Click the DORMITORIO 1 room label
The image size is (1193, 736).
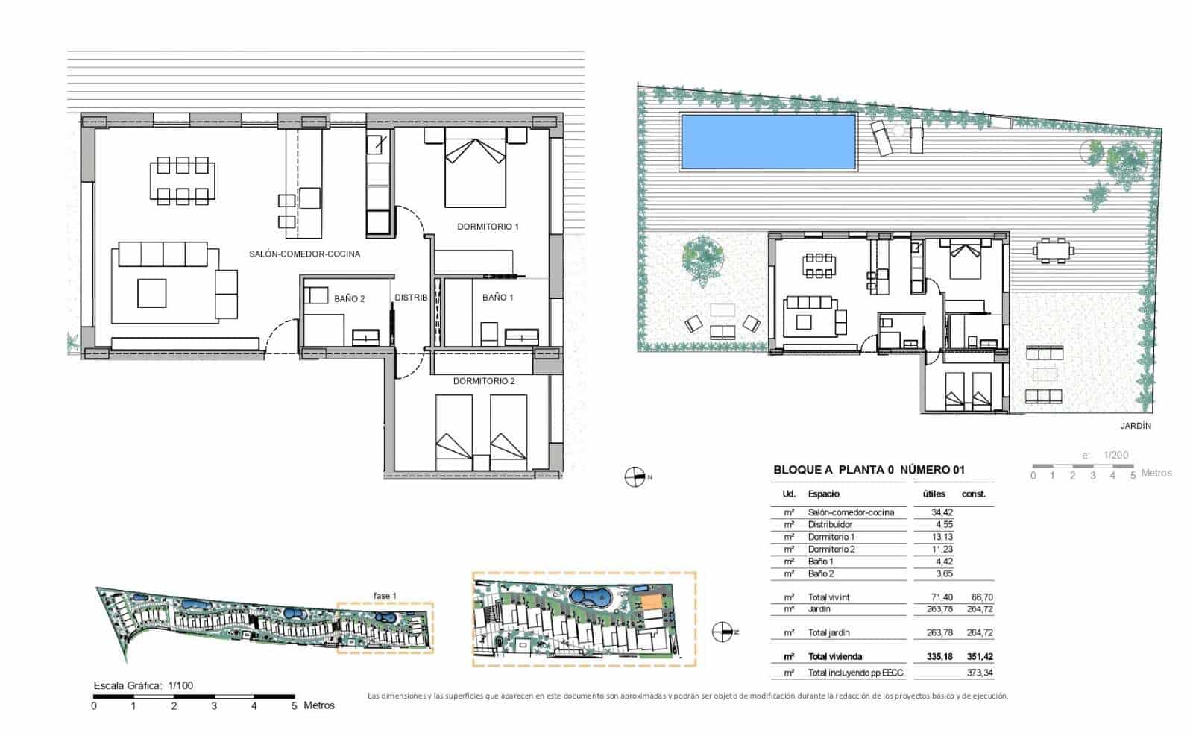(x=488, y=226)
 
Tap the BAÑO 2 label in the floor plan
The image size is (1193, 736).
(x=349, y=298)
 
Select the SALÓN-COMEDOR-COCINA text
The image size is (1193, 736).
(x=304, y=254)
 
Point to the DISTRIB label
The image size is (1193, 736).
(x=411, y=297)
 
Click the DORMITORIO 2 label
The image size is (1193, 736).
(x=484, y=380)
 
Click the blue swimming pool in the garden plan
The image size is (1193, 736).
(x=767, y=142)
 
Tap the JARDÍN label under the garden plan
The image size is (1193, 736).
(x=1136, y=426)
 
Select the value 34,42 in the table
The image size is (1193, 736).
(x=942, y=512)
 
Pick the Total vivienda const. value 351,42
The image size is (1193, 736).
(x=978, y=657)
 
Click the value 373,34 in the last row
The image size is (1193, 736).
(x=978, y=673)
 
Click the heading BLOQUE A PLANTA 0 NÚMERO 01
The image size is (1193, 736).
(x=869, y=470)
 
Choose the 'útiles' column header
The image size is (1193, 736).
(x=934, y=494)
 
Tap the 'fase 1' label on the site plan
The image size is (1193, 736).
(x=385, y=595)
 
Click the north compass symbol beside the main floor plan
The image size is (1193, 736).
(x=634, y=476)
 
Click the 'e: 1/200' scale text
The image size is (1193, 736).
(x=1105, y=455)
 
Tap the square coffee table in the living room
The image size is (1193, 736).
(x=151, y=293)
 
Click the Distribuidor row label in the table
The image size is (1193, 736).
(x=830, y=525)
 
